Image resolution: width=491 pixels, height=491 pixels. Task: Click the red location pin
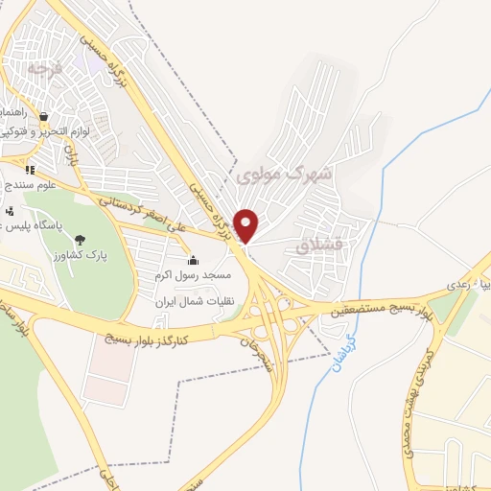[x=247, y=225]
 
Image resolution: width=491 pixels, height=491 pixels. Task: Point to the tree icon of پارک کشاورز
[x=79, y=240]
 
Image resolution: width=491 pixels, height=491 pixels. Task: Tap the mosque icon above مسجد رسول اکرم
[x=193, y=260]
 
